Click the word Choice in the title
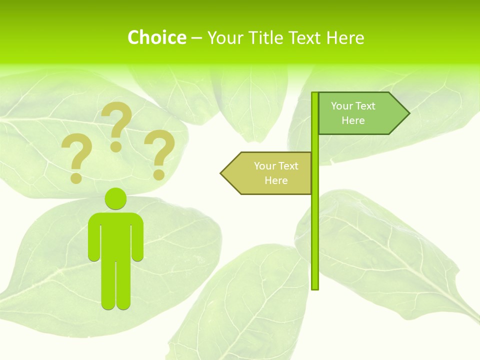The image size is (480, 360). pos(156,37)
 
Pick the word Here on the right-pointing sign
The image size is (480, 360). pos(353,120)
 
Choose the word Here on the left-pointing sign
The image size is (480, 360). pos(276,180)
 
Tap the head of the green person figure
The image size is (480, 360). pos(115,199)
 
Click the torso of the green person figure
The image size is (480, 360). pos(115,235)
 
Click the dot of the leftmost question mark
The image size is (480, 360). pos(76,177)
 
